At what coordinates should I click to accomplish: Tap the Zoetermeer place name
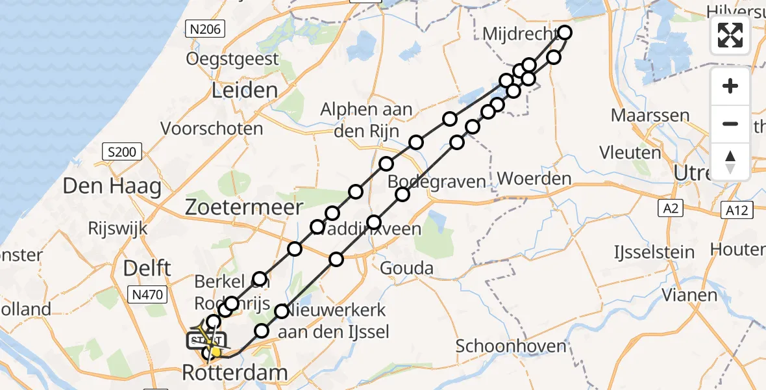(x=244, y=207)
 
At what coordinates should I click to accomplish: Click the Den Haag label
(x=112, y=187)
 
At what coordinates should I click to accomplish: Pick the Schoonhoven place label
(x=511, y=346)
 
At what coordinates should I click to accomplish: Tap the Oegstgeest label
(x=232, y=59)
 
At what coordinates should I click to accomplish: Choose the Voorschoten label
(x=212, y=129)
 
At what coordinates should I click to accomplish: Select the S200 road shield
(x=122, y=153)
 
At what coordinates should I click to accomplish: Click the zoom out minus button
(x=730, y=123)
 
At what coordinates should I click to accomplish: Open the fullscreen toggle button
(x=730, y=35)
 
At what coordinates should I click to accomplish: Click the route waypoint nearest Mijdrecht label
(x=565, y=32)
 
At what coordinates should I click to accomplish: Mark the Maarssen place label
(x=650, y=116)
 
